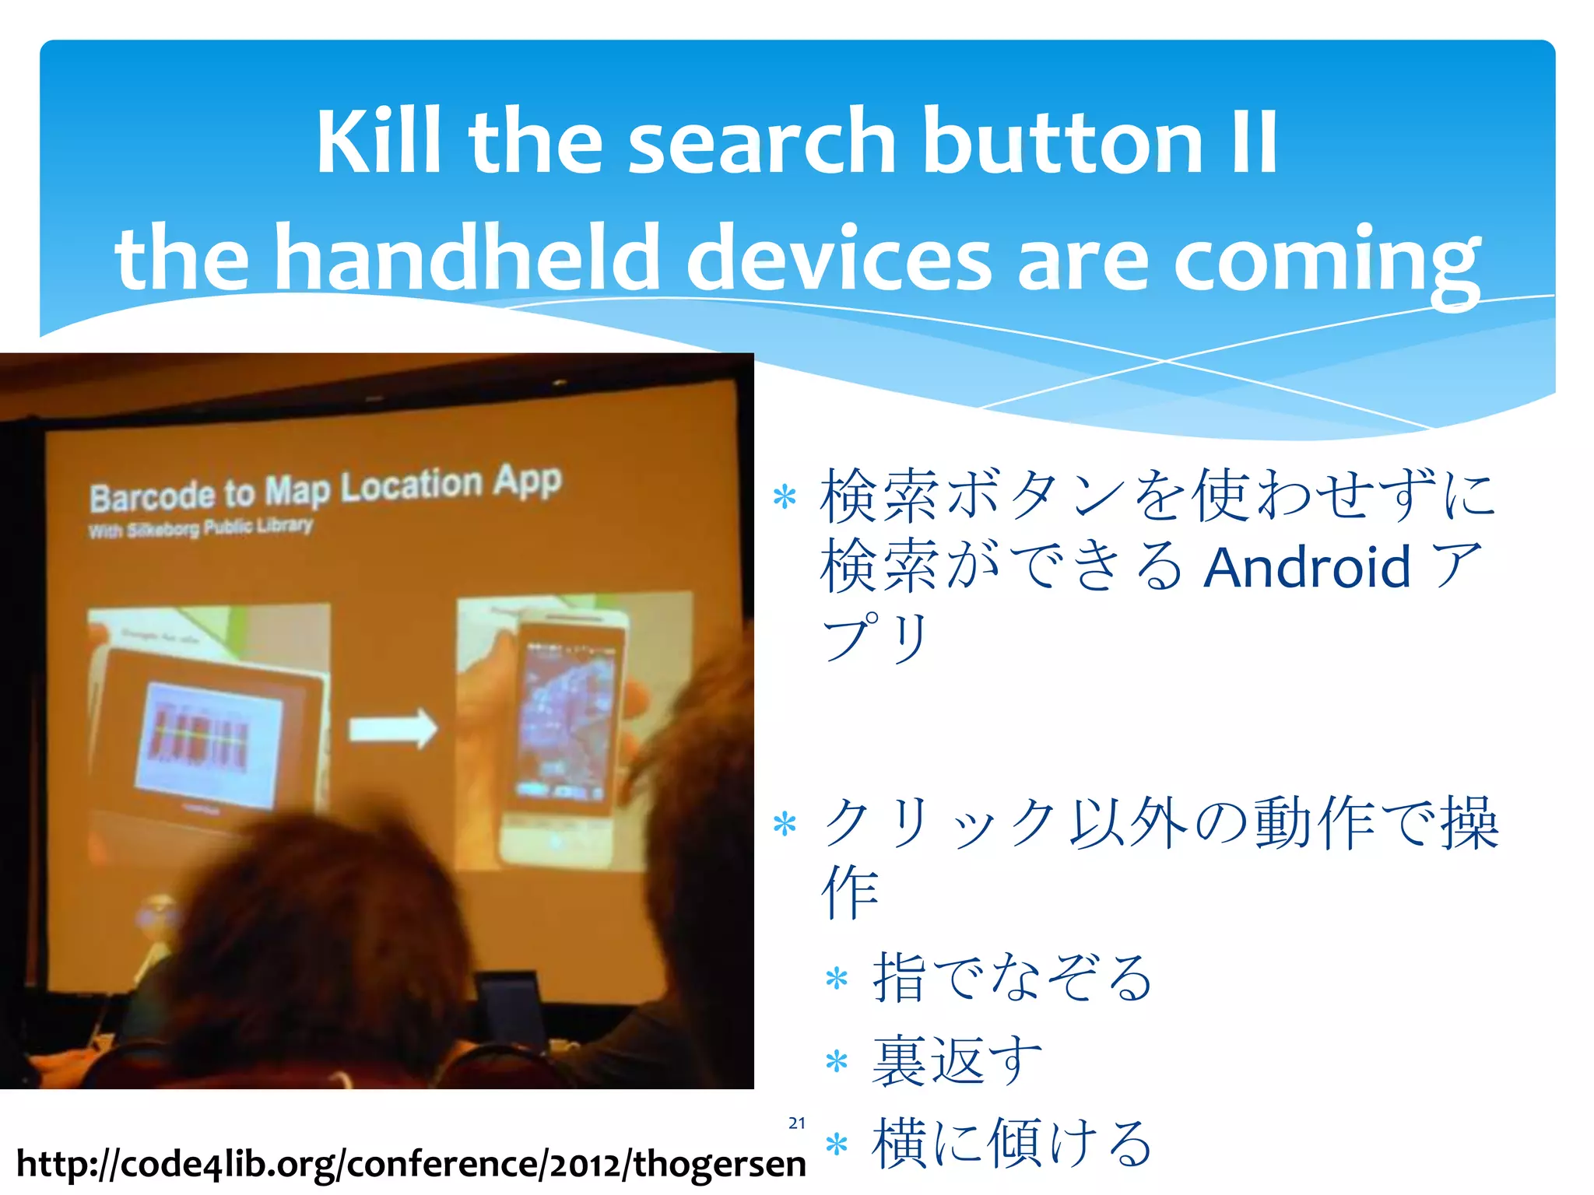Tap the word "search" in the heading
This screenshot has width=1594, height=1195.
click(x=762, y=142)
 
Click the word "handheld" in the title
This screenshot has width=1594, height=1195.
click(x=468, y=258)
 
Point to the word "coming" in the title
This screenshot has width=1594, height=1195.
click(x=1326, y=261)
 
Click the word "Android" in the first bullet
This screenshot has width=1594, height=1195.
click(x=1307, y=566)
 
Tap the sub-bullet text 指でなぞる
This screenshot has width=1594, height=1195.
click(x=1012, y=977)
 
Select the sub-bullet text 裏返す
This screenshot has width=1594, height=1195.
click(x=957, y=1060)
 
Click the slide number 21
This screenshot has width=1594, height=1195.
click(x=796, y=1123)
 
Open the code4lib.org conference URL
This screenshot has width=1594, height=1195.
click(x=411, y=1164)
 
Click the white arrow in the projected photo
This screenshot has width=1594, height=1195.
click(x=392, y=729)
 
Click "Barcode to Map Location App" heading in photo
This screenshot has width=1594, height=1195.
click(x=325, y=489)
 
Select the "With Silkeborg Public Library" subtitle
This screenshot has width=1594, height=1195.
click(x=201, y=528)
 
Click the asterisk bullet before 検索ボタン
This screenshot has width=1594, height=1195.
click(x=785, y=498)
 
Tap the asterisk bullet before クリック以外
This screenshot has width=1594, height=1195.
click(x=785, y=824)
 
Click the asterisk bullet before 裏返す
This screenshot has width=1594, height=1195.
click(x=836, y=1061)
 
